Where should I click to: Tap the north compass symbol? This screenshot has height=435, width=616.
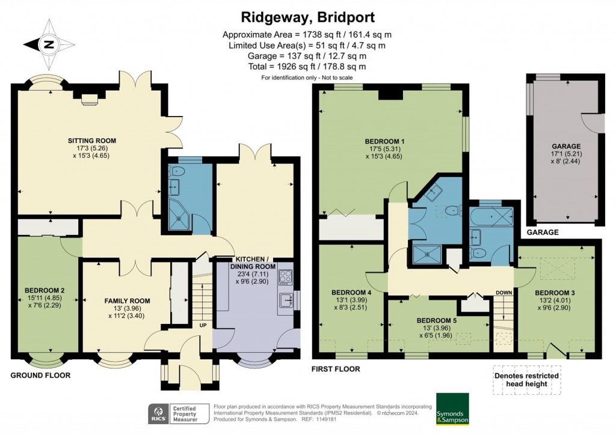48,44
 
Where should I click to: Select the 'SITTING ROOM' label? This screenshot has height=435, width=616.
91,141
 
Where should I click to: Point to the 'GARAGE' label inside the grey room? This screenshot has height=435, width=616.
566,147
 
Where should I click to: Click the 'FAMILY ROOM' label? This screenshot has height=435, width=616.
127,301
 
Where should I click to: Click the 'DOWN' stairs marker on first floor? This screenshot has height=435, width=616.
503,293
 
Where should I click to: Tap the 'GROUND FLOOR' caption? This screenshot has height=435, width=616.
40,375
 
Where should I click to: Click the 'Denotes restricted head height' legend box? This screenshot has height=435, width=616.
526,380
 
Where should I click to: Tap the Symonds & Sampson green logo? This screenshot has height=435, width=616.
452,410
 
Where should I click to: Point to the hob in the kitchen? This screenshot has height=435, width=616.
285,277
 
